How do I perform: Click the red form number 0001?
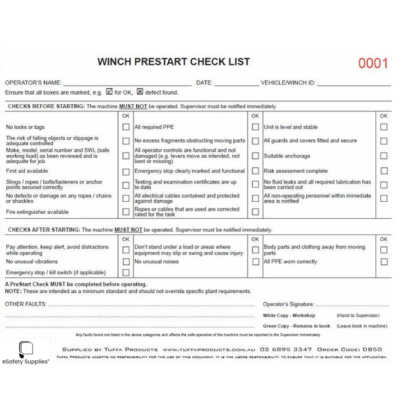[373, 64]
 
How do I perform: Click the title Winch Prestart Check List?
[174, 62]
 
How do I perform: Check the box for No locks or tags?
[126, 127]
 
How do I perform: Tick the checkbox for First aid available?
[126, 171]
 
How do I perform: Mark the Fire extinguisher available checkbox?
[126, 212]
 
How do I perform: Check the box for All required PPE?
[255, 127]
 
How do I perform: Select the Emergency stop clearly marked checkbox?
[255, 171]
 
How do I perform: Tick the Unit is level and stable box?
[383, 127]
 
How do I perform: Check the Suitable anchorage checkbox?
[383, 156]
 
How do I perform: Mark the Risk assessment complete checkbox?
[383, 171]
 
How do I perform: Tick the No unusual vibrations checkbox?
[126, 262]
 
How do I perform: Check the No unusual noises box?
[255, 262]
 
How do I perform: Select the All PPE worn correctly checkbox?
[383, 262]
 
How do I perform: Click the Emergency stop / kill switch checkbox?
[126, 272]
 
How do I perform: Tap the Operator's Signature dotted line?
[352, 305]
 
